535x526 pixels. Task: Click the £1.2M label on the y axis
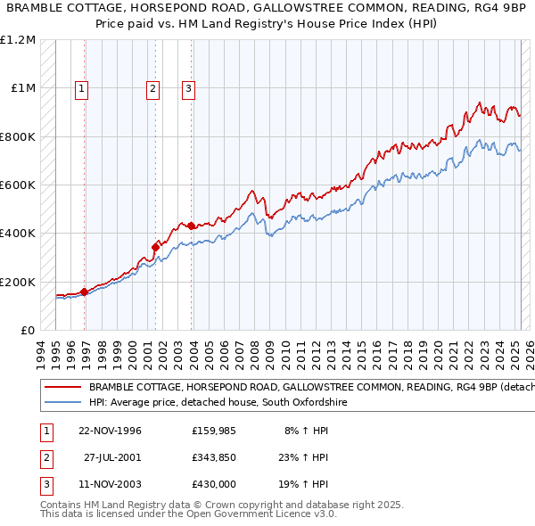pyautogui.click(x=18, y=40)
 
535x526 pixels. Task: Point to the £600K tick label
pyautogui.click(x=18, y=185)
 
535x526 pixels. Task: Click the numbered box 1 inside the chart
pyautogui.click(x=81, y=88)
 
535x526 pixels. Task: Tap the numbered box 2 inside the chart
pyautogui.click(x=152, y=88)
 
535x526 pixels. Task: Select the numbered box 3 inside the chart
pyautogui.click(x=188, y=88)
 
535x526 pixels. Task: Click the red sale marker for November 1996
pyautogui.click(x=85, y=292)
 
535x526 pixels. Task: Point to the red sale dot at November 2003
pyautogui.click(x=191, y=226)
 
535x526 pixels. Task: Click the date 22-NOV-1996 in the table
pyautogui.click(x=110, y=431)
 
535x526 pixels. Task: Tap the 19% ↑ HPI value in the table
pyautogui.click(x=307, y=486)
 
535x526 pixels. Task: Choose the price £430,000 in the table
pyautogui.click(x=214, y=486)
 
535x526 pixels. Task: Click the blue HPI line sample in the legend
pyautogui.click(x=63, y=403)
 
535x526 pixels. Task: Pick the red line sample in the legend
pyautogui.click(x=63, y=388)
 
